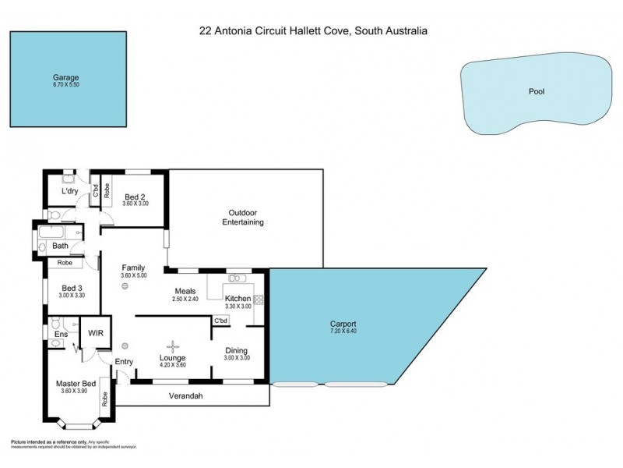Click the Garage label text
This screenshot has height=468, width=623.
coord(65,77)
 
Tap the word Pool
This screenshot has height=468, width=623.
coord(537,91)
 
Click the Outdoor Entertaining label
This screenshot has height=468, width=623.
coord(246,218)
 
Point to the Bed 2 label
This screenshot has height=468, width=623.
coord(135,196)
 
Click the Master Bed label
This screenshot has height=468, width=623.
coord(76,384)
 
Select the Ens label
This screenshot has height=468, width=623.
coord(60,335)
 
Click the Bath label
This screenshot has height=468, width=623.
coord(60,246)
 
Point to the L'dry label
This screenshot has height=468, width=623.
coord(72,191)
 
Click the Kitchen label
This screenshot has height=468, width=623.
coord(238,299)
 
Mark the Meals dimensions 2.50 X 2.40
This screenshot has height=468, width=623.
coord(185,299)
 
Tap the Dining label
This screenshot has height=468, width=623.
coord(237,350)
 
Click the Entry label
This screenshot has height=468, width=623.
coord(124,361)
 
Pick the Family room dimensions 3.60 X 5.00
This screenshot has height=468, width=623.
coord(133,275)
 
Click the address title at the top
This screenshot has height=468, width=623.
coord(311,31)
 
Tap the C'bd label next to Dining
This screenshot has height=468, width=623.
coord(220,321)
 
